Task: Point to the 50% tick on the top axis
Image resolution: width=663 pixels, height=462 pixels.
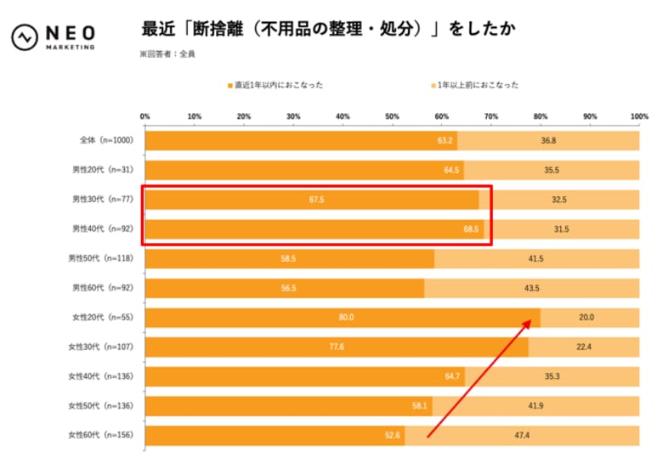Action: click(x=392, y=115)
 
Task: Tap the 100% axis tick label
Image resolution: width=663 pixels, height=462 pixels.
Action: click(x=639, y=115)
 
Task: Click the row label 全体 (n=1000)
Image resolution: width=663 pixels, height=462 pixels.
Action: click(x=99, y=140)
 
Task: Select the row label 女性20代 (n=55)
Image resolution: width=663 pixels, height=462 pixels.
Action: click(x=99, y=317)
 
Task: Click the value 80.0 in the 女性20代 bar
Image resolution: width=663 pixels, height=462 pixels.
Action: click(x=346, y=317)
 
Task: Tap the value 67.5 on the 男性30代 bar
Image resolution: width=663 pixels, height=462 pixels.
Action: click(x=313, y=199)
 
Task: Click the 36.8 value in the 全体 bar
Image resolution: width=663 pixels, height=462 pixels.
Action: click(x=548, y=140)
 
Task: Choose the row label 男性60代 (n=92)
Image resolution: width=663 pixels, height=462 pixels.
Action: click(x=99, y=288)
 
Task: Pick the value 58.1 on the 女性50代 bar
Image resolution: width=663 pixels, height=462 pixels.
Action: click(x=419, y=405)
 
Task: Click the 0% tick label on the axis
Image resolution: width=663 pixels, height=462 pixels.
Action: click(x=144, y=115)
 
